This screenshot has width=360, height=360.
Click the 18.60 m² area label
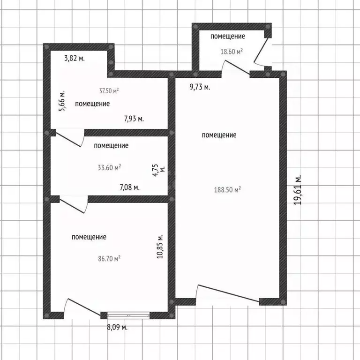[232, 52]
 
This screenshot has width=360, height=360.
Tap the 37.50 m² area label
[109, 90]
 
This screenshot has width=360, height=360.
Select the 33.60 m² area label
[109, 167]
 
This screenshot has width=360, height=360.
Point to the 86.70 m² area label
[109, 259]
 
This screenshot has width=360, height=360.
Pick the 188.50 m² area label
[227, 190]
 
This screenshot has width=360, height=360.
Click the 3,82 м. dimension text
[75, 58]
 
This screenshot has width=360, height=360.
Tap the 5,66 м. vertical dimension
[62, 101]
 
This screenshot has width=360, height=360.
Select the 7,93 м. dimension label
[134, 119]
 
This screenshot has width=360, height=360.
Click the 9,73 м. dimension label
[200, 87]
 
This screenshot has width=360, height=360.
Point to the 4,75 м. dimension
[158, 170]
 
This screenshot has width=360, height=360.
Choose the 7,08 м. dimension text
[129, 187]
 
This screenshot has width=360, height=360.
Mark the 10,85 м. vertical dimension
[160, 247]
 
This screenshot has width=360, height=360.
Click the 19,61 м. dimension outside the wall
[298, 190]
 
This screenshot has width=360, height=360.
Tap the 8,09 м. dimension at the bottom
[117, 327]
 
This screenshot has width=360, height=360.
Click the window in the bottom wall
[128, 315]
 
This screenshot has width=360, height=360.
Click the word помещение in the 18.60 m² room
[228, 36]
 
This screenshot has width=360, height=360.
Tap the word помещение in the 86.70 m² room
[89, 237]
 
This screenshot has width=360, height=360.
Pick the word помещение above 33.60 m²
[111, 146]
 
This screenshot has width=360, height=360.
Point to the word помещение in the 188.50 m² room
[219, 135]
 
